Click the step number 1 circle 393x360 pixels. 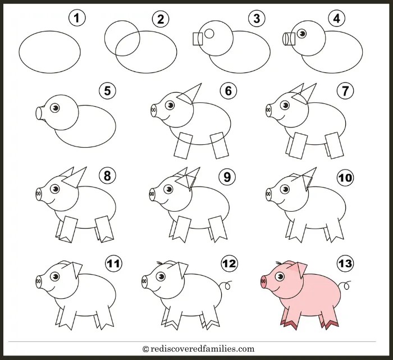point(77,18)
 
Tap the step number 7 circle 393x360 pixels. point(345,91)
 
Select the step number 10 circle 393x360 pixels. point(345,177)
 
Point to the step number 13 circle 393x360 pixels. point(345,263)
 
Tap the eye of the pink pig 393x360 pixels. point(280,277)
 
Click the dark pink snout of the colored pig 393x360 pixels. point(264,282)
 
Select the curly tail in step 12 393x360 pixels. point(226,285)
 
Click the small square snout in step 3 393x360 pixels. point(198,39)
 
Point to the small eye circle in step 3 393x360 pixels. point(209,33)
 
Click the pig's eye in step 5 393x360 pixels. point(55,108)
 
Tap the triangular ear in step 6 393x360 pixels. point(190,94)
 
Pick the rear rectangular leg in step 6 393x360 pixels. point(220,145)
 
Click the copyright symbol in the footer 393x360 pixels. point(145,349)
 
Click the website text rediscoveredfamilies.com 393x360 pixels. point(203,349)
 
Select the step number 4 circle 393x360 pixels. point(337,18)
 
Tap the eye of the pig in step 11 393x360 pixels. point(55,277)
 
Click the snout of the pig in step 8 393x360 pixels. point(39,194)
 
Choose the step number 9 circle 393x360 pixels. point(227,177)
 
